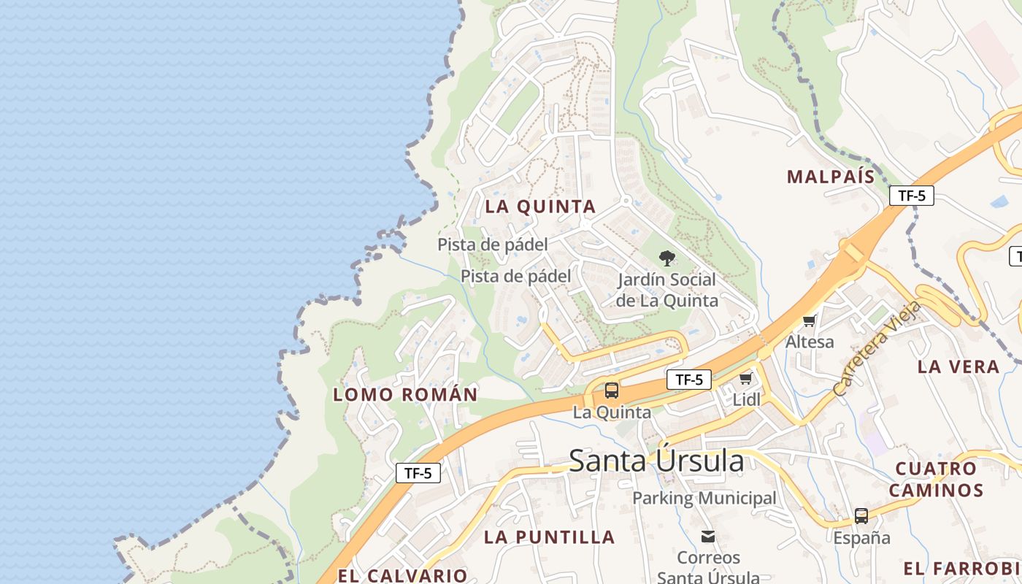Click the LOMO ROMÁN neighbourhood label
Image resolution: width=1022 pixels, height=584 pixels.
[x=405, y=395]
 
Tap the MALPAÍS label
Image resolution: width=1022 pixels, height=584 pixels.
[x=831, y=177]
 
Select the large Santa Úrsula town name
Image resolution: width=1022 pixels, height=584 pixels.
[x=656, y=461]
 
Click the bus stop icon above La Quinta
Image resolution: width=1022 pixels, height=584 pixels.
[x=612, y=391]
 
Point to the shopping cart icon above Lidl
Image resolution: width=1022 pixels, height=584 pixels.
[x=746, y=378]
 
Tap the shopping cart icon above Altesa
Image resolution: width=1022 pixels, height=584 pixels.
[x=810, y=320]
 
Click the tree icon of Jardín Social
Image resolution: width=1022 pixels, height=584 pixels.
[x=666, y=258]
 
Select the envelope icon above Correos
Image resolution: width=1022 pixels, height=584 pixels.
[x=708, y=537]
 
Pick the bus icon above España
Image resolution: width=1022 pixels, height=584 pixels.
[x=861, y=516]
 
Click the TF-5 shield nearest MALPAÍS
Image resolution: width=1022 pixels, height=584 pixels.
[x=912, y=196]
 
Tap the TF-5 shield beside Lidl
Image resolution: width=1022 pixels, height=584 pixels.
[x=689, y=380]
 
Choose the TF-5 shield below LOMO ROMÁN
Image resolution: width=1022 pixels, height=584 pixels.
[x=418, y=473]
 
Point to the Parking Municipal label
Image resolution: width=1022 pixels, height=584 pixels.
[x=704, y=499]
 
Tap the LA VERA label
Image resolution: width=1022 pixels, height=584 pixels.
[x=958, y=367]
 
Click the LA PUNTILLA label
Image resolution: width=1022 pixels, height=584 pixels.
[x=550, y=538]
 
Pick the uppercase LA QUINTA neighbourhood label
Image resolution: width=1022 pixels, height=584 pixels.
[x=540, y=207]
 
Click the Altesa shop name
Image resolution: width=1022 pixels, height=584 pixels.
[x=810, y=342]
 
